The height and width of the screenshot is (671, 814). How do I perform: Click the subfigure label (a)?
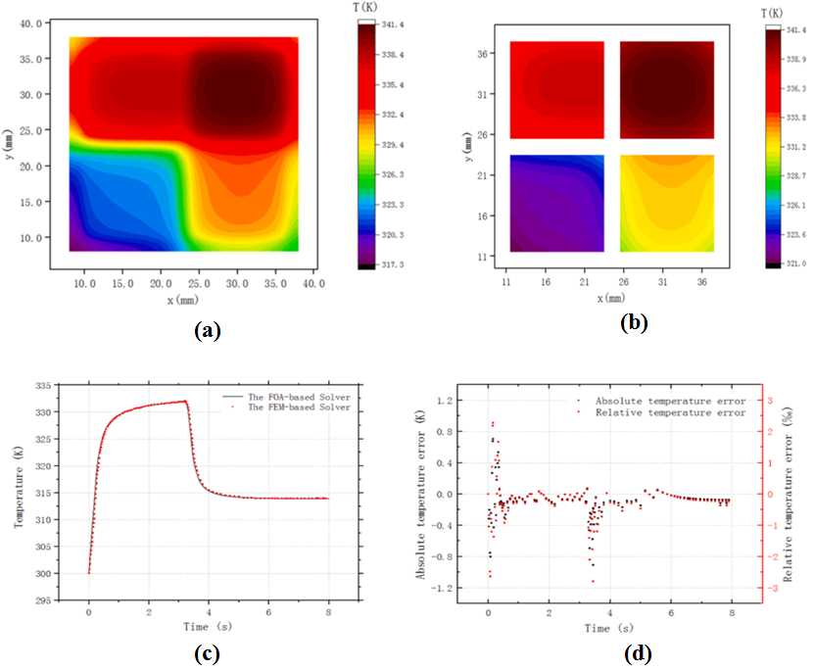[207, 331]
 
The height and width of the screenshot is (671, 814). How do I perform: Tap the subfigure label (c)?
[206, 650]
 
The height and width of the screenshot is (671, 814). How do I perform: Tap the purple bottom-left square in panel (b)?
[556, 203]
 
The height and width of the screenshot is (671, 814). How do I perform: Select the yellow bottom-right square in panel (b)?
[667, 203]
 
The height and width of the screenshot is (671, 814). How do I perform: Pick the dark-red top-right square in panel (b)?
[667, 90]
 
